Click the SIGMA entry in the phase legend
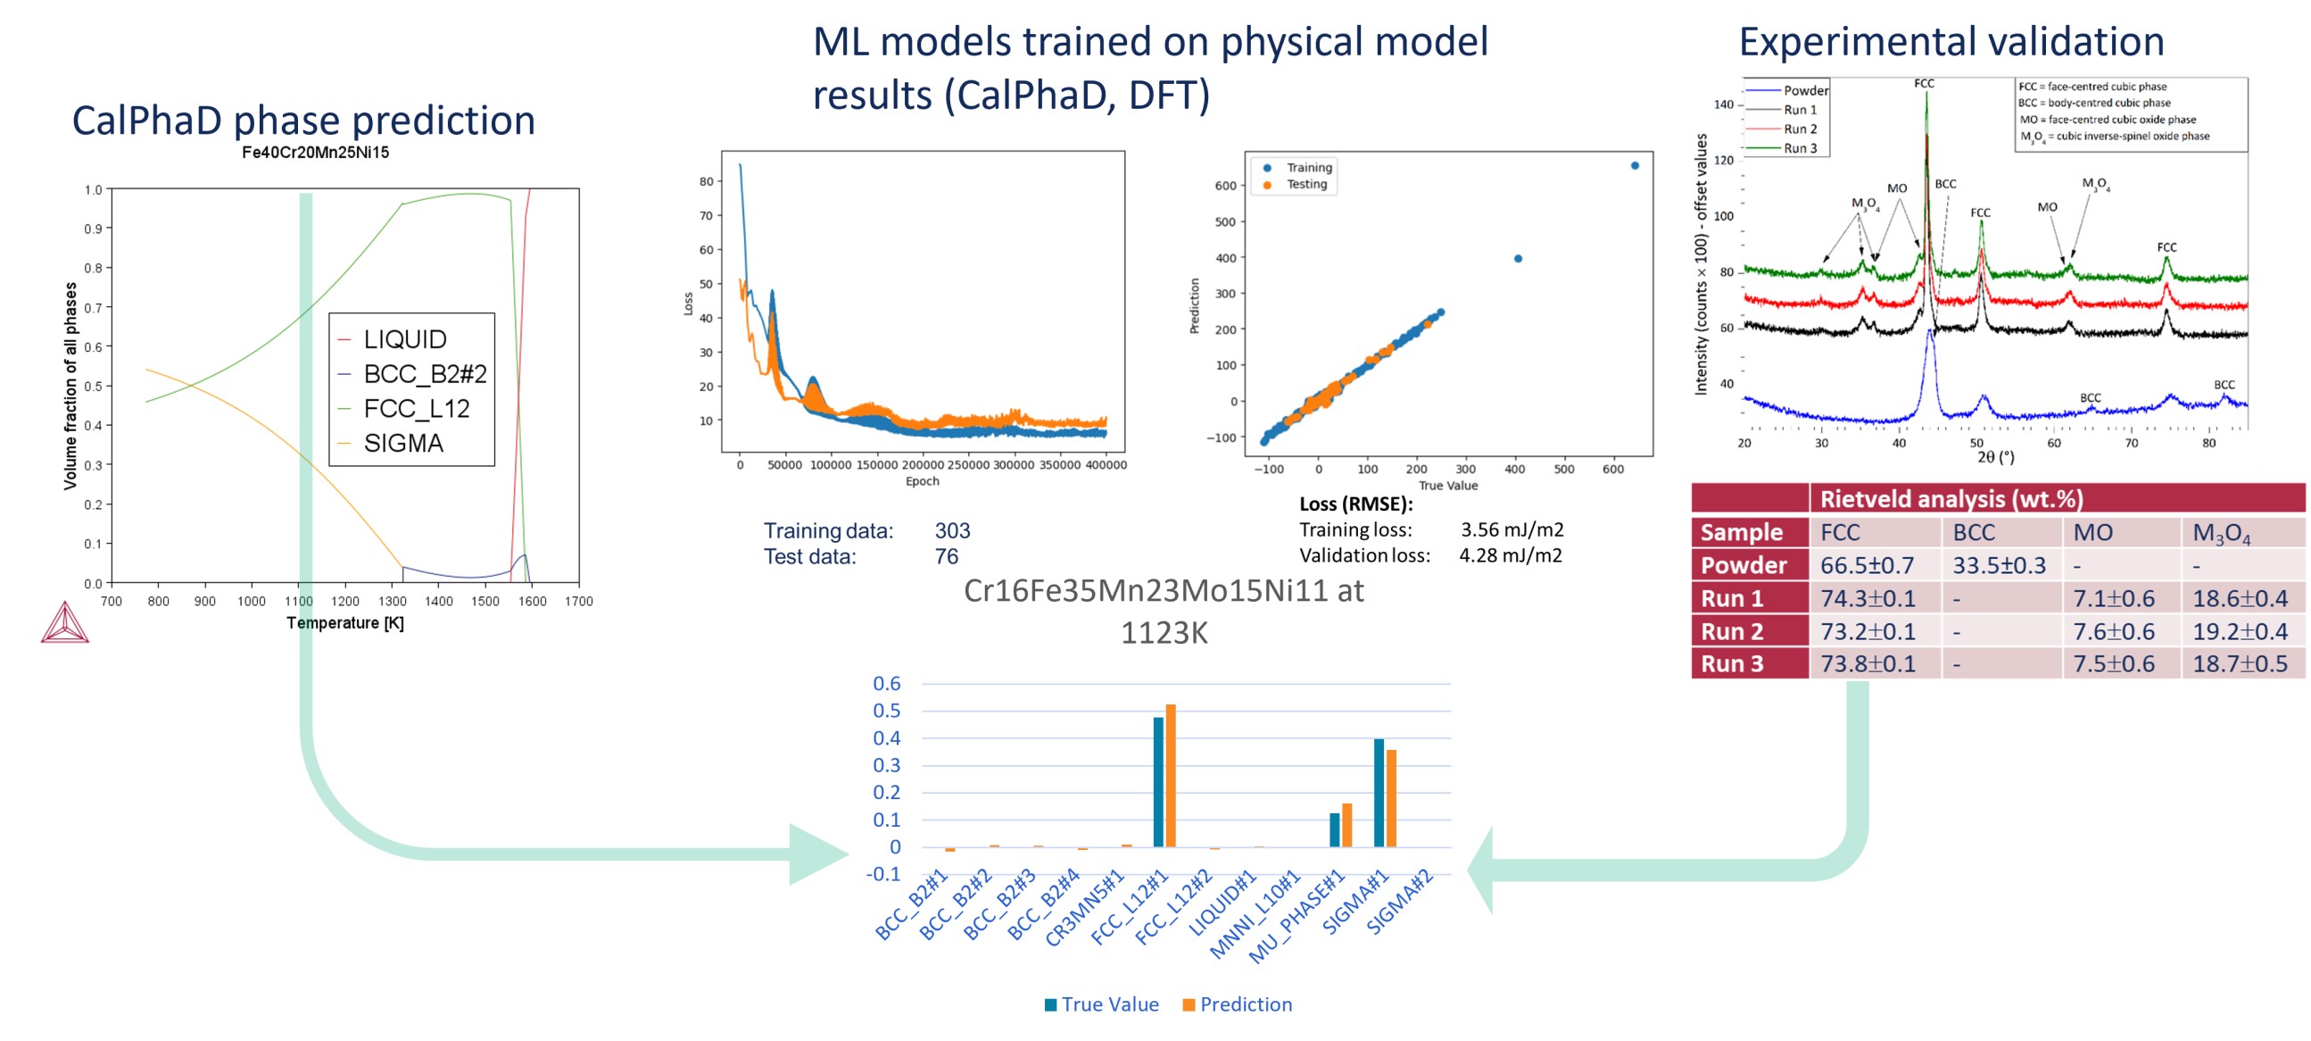[x=402, y=444]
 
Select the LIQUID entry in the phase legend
[x=404, y=339]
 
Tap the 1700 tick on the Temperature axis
[x=579, y=601]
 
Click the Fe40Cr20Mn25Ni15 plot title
[x=315, y=153]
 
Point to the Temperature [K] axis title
[x=345, y=623]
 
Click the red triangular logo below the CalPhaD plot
[x=64, y=623]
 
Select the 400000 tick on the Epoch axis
[x=1106, y=465]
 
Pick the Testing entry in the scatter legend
[x=1306, y=185]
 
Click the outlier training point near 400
[x=1518, y=258]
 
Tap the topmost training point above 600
[x=1635, y=166]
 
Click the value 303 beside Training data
[x=953, y=531]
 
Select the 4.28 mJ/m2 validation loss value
[x=1510, y=555]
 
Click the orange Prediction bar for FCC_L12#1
[x=1170, y=775]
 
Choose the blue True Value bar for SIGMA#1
[x=1379, y=793]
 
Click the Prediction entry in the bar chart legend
[x=1246, y=1004]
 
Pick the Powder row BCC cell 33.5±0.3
[x=1999, y=565]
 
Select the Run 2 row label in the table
[x=1731, y=632]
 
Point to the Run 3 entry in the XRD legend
[x=1800, y=148]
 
